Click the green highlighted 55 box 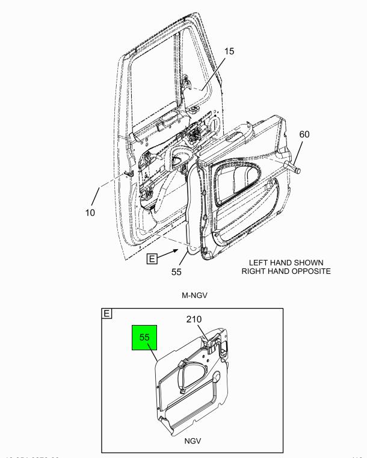pyautogui.click(x=144, y=338)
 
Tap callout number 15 pyautogui.click(x=230, y=51)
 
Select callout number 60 pyautogui.click(x=304, y=134)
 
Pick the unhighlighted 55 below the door pyautogui.click(x=176, y=271)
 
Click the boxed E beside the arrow pyautogui.click(x=152, y=259)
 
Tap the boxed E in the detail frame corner pyautogui.click(x=107, y=314)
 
